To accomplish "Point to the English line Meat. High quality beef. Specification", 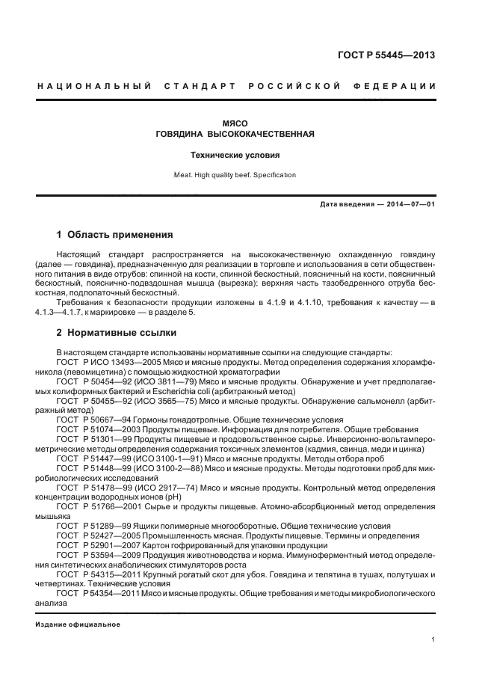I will tap(235, 175).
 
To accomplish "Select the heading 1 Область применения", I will tap(114, 234).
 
